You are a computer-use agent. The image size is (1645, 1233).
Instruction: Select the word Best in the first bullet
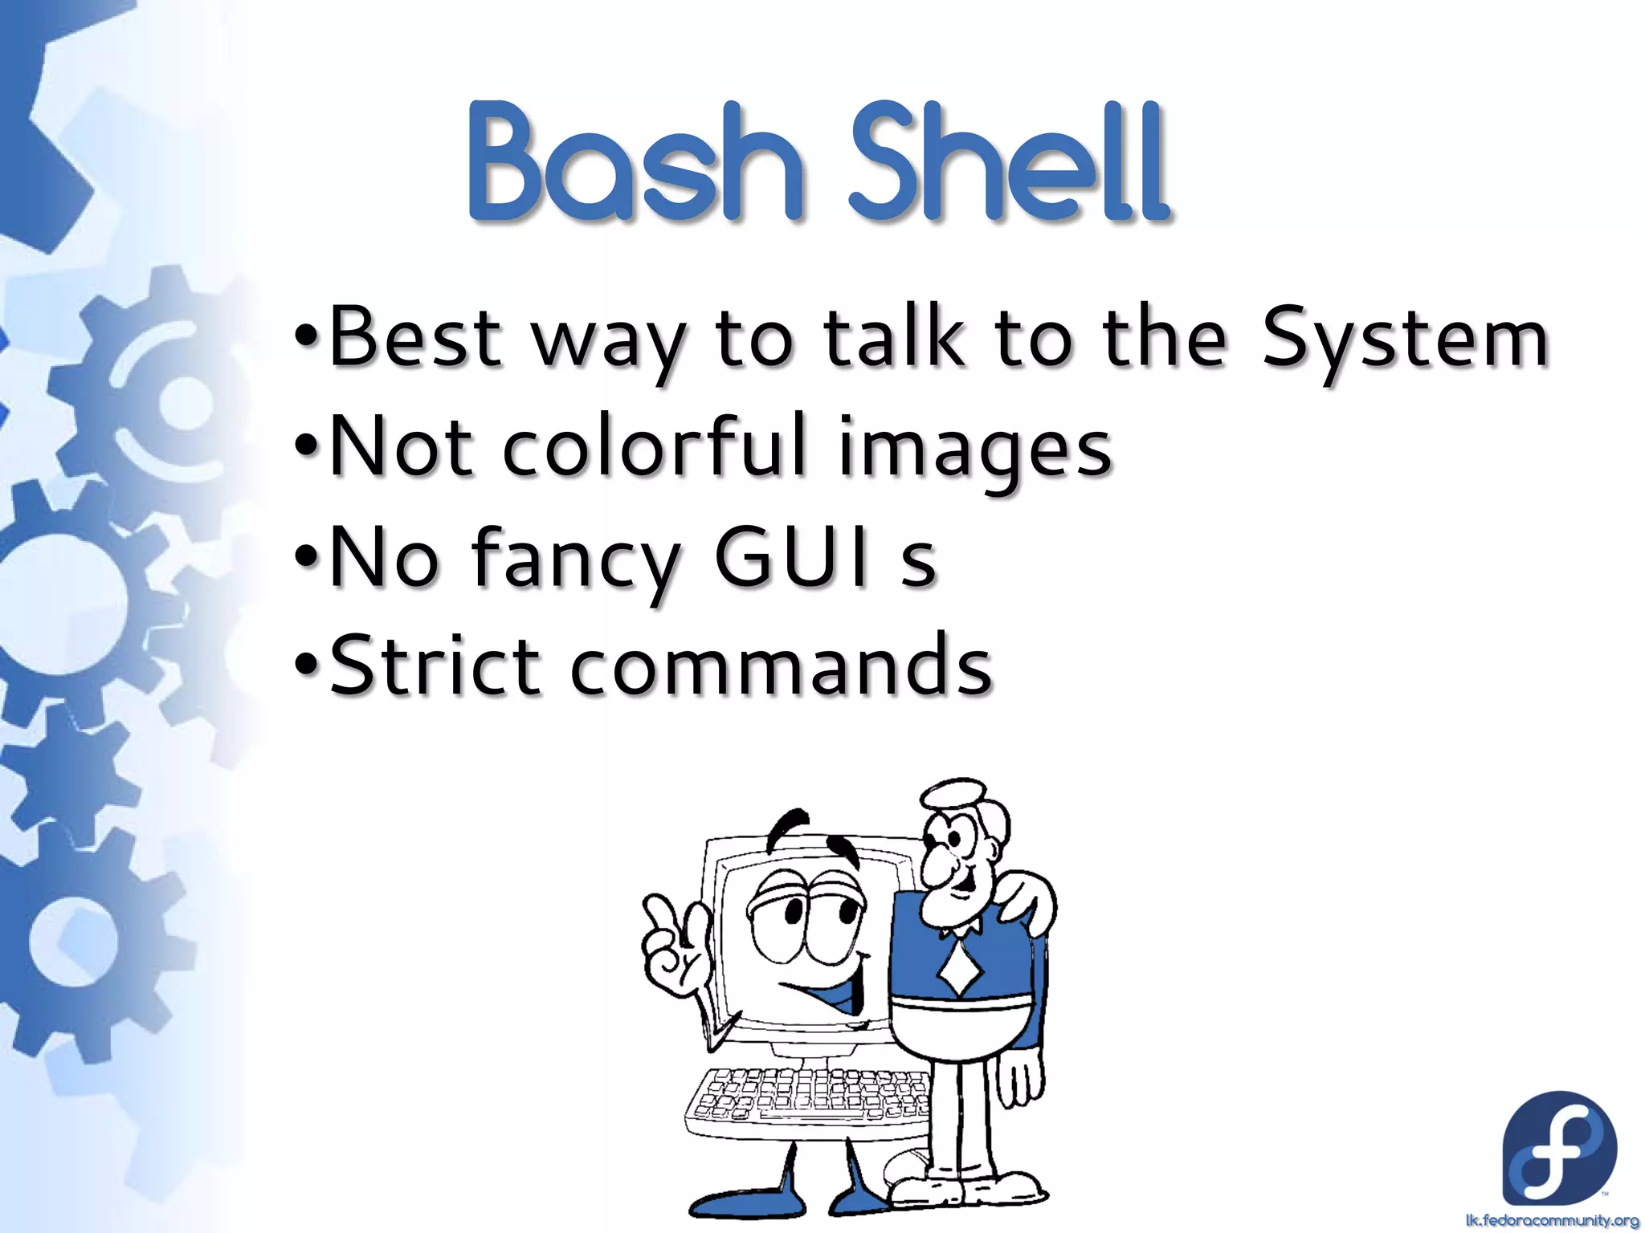pyautogui.click(x=416, y=337)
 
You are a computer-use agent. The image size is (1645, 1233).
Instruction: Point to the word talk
pyautogui.click(x=894, y=337)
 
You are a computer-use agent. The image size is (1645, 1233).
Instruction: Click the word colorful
pyautogui.click(x=655, y=446)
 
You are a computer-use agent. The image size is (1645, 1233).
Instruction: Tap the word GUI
pyautogui.click(x=791, y=555)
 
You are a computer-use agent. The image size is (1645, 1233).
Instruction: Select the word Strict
pyautogui.click(x=434, y=665)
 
